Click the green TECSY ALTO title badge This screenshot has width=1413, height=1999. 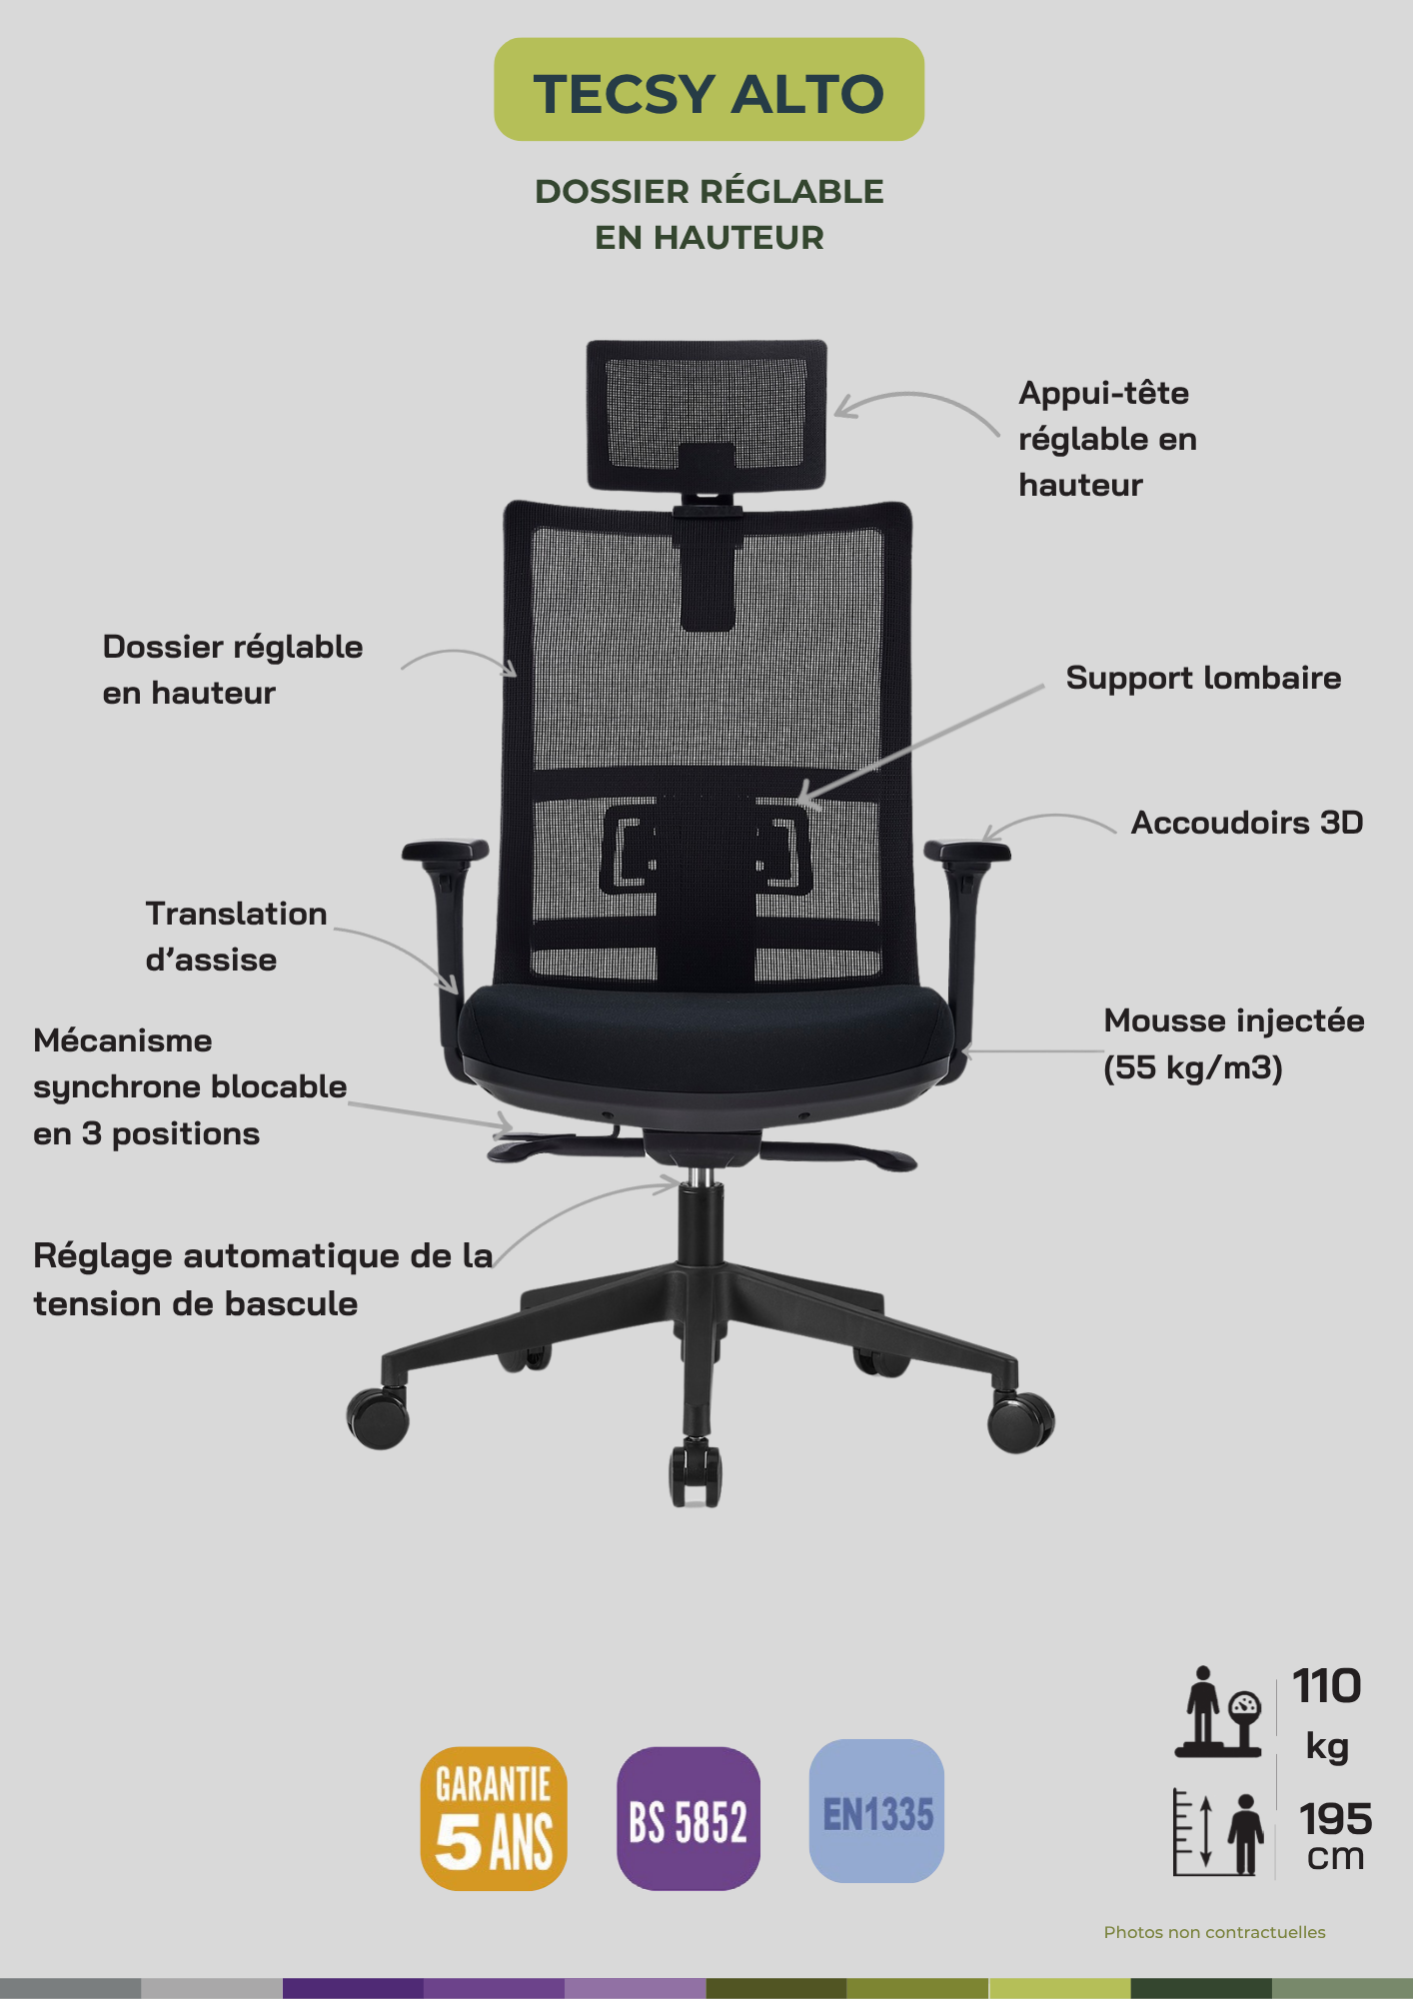(x=708, y=90)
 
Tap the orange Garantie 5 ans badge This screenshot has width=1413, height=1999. (x=494, y=1818)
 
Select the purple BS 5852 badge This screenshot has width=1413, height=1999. (x=689, y=1818)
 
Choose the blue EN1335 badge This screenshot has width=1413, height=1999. (x=876, y=1811)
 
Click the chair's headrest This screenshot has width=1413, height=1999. (x=706, y=415)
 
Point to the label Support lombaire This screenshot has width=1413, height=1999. (x=1203, y=678)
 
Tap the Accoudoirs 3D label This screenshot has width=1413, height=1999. (x=1247, y=823)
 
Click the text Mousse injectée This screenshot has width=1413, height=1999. (x=1234, y=1020)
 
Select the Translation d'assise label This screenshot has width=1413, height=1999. (x=236, y=937)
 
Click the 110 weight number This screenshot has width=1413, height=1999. (x=1327, y=1686)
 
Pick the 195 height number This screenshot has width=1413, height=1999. (x=1335, y=1819)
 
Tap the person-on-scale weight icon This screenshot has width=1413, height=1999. (x=1219, y=1711)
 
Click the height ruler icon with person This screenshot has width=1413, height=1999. (x=1219, y=1832)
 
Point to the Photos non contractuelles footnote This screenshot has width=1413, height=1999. (x=1214, y=1932)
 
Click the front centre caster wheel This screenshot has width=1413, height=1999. (x=697, y=1474)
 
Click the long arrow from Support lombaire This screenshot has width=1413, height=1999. (x=920, y=745)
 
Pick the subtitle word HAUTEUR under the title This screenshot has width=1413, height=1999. (x=738, y=238)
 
